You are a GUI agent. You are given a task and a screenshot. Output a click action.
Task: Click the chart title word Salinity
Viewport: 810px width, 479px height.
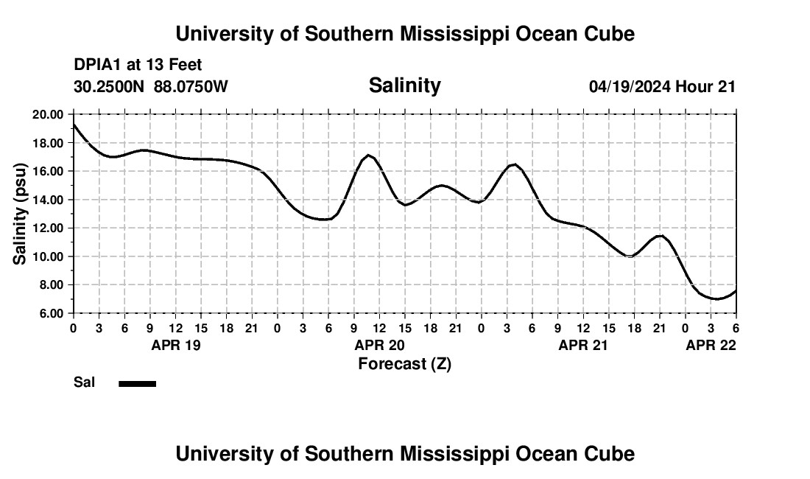404,85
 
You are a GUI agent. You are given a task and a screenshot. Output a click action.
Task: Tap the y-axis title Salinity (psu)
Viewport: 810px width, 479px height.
21,214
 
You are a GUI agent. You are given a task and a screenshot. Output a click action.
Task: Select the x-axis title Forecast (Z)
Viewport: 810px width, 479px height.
404,364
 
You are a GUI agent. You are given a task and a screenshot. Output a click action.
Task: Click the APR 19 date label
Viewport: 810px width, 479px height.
175,345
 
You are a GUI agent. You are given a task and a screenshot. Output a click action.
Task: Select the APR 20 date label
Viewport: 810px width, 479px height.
380,345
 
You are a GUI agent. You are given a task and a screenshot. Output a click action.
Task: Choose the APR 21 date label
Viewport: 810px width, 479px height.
584,345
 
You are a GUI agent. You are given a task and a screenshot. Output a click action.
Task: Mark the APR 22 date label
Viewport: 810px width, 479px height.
711,345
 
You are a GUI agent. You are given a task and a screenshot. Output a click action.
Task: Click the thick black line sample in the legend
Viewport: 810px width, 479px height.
138,383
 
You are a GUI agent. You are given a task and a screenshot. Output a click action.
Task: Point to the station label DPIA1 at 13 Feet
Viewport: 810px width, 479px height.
138,66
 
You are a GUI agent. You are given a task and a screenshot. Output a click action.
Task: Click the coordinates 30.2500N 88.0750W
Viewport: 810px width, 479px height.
151,86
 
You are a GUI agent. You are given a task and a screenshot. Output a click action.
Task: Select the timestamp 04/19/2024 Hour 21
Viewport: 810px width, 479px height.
662,86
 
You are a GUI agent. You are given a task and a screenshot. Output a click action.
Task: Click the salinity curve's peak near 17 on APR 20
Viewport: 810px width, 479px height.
369,155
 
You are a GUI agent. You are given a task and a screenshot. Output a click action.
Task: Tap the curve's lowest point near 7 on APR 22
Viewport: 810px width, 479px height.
714,298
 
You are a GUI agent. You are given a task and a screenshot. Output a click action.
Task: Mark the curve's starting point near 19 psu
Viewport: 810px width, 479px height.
74,125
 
